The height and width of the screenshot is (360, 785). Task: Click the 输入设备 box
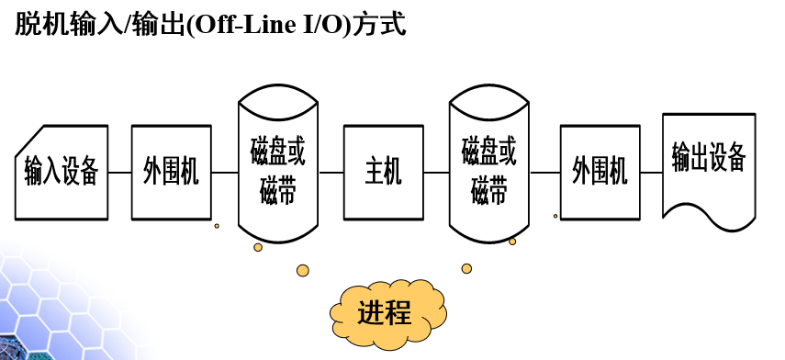61,173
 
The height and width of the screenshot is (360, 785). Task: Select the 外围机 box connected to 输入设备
172,173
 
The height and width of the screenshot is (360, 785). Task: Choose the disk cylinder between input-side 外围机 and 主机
278,173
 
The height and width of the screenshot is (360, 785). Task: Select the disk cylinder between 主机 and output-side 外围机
489,173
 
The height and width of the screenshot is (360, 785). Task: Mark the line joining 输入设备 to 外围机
119,173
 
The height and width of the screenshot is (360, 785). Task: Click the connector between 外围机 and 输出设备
651,173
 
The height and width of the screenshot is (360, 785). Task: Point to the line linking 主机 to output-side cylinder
436,173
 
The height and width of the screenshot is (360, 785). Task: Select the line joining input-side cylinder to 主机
331,173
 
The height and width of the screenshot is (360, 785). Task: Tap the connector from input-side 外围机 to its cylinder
225,173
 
